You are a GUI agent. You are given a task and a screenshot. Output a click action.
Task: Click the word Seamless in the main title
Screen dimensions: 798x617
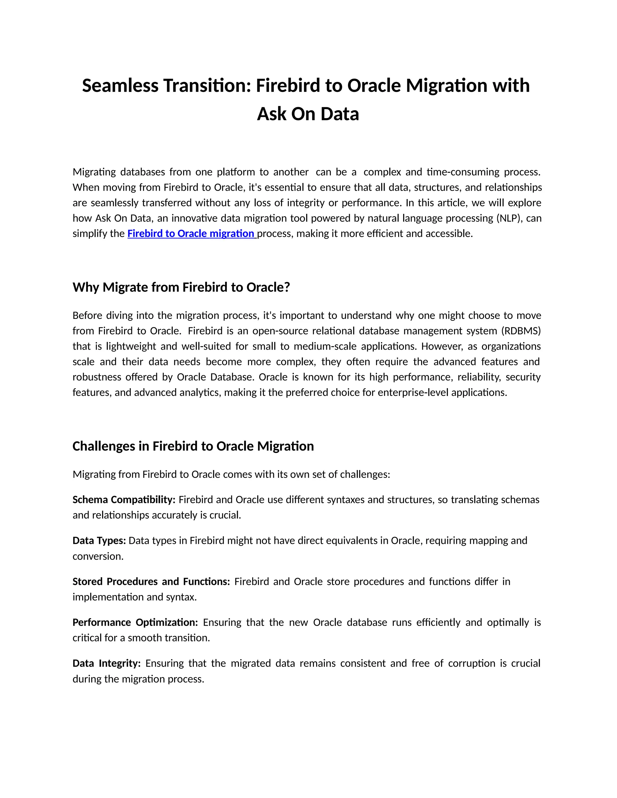pos(120,86)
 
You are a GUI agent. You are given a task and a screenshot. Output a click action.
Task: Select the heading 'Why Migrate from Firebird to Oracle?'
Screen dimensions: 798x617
pos(181,287)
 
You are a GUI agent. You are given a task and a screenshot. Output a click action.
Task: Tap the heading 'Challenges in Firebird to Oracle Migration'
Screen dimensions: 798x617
pos(193,446)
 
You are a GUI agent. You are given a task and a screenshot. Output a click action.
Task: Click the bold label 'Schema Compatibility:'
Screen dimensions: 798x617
pos(124,500)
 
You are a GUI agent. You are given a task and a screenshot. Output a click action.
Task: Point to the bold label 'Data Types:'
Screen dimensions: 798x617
pos(99,541)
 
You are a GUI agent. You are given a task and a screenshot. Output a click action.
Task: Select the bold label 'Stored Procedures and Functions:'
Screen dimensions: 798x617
pos(151,581)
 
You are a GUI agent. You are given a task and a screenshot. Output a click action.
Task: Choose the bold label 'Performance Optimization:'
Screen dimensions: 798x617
pos(135,622)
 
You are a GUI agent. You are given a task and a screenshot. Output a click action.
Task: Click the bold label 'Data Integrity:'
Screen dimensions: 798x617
pos(106,663)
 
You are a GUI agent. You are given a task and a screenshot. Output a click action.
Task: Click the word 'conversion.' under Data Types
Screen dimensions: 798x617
pos(98,556)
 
